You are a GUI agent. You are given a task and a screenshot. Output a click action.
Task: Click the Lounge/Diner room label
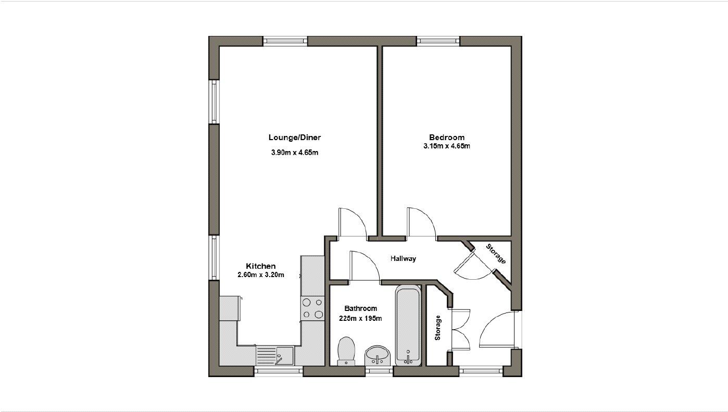294,138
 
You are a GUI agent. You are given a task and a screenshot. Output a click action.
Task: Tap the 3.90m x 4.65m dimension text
294,153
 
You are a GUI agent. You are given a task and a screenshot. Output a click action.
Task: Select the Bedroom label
446,138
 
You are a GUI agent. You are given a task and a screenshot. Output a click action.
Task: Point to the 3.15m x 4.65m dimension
446,146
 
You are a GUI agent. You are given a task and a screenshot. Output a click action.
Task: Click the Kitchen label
260,266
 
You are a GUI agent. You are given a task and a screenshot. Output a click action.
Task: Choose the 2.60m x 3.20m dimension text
260,274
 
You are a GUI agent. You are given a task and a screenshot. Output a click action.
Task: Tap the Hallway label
404,258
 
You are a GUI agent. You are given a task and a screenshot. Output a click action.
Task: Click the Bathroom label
360,308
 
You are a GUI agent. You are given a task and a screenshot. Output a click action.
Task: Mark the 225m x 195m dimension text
360,318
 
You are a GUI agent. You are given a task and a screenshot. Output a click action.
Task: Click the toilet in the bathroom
346,350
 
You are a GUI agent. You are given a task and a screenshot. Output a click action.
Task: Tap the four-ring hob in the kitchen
312,307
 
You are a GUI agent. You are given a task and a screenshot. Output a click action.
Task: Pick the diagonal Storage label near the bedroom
496,254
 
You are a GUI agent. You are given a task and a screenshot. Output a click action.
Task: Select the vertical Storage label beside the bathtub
437,328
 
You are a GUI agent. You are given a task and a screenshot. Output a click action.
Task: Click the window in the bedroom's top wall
438,41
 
